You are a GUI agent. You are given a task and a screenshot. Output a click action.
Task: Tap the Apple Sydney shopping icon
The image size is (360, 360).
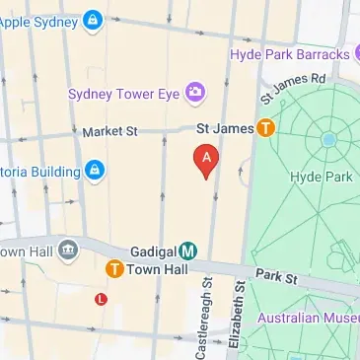coord(92,19)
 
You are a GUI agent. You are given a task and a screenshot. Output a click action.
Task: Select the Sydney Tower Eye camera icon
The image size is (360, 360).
coord(194,94)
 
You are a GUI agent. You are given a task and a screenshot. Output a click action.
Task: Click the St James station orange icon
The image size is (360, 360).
coord(264,127)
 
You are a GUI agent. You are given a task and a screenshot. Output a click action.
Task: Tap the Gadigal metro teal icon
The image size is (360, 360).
coord(187,252)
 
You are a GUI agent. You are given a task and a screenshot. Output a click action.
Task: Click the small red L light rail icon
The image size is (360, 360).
coord(101,298)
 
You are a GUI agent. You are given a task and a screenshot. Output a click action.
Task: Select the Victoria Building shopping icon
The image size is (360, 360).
coord(93,171)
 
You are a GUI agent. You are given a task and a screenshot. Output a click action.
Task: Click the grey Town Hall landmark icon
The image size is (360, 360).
coord(68,249)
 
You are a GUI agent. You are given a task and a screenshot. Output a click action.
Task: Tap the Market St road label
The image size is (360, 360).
coord(109,130)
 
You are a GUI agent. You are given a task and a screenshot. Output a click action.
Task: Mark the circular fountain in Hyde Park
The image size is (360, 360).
coord(327,140)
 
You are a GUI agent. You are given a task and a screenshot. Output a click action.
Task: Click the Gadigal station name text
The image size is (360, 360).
coord(152,252)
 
